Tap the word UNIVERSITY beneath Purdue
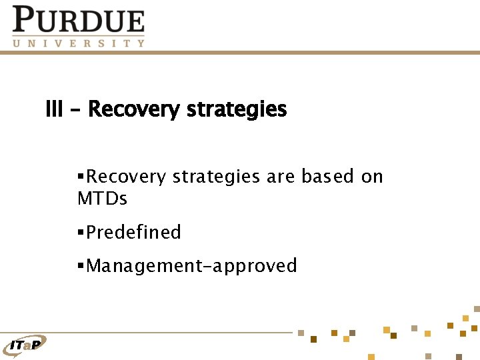(78, 43)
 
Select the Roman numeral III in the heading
(54, 109)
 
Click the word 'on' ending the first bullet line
(372, 177)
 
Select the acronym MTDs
(102, 199)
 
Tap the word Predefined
(134, 232)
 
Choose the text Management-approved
(192, 266)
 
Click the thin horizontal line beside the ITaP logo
(167, 332)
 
